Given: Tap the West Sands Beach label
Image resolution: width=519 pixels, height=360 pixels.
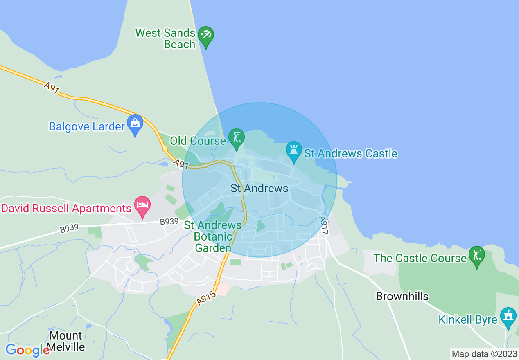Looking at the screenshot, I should tap(165, 38).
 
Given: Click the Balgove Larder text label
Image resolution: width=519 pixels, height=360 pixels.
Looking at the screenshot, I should tap(86, 126).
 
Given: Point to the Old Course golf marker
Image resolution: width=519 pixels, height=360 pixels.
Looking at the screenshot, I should tap(236, 137).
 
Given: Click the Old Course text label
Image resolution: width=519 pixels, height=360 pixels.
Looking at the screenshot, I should tap(198, 141).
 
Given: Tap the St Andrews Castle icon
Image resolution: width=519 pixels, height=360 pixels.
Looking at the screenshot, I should tap(293, 150).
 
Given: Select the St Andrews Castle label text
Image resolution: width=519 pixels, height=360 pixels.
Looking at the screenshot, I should tap(351, 154).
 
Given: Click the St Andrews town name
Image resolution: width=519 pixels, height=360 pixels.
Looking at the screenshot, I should tap(259, 189).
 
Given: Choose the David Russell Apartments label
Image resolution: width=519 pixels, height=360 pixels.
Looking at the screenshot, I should tap(66, 208).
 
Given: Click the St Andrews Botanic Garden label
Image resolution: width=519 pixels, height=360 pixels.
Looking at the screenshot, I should tap(213, 236).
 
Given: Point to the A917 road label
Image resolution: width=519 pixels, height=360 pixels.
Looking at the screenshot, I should tap(324, 225).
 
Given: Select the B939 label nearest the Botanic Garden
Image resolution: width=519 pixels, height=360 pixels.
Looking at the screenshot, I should tap(169, 222).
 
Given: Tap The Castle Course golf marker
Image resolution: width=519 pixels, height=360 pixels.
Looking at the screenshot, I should tap(476, 255).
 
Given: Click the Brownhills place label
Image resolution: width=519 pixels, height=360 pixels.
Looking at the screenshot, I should tap(402, 296).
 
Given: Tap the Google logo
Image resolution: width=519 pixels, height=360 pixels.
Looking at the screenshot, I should tap(27, 350).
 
